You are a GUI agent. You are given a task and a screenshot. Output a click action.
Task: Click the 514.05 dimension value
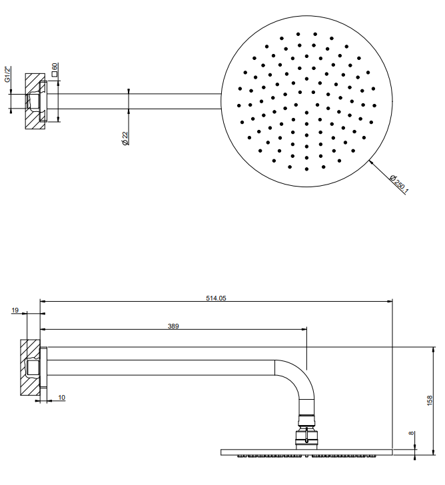point(216,298)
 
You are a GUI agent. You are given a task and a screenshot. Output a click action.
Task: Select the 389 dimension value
point(173,326)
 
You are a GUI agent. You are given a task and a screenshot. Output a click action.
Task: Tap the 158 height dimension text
point(430,400)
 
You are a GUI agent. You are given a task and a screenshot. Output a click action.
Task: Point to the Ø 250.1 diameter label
point(399,185)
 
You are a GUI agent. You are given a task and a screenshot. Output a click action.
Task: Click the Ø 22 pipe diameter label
point(125,139)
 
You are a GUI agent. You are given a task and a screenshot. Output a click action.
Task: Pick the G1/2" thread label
point(8,74)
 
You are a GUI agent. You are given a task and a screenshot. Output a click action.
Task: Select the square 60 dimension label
point(55,69)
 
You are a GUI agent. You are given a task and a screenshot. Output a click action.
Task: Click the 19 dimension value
point(15,310)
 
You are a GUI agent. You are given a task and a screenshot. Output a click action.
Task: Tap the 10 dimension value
point(61,398)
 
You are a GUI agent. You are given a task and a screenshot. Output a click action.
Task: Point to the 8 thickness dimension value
point(411,433)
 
